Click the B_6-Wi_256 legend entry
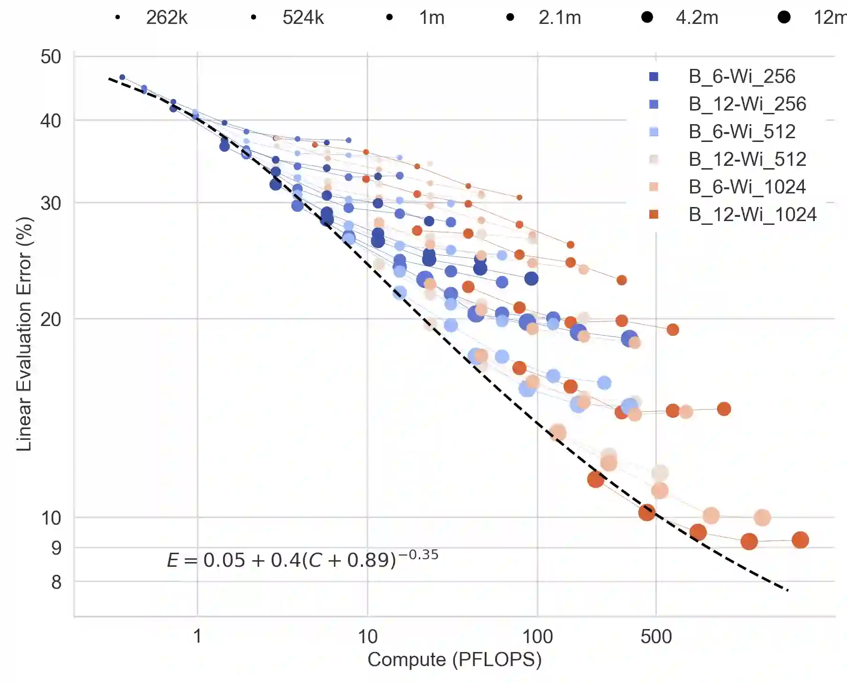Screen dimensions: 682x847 (742, 76)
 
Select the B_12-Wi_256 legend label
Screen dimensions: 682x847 (747, 104)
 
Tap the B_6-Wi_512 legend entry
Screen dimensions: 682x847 (742, 132)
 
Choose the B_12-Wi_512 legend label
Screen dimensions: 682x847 (747, 159)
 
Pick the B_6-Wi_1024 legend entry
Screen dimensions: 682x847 (747, 187)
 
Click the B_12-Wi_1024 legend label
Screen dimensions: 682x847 (752, 215)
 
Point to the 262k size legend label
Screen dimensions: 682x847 (166, 18)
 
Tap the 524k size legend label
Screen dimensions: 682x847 (303, 18)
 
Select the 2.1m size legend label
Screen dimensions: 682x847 (559, 18)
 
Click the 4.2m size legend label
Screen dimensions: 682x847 (697, 18)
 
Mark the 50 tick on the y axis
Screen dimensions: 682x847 (51, 57)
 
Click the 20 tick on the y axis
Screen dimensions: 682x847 (51, 319)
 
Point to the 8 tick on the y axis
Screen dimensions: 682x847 (56, 582)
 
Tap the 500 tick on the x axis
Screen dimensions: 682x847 (656, 637)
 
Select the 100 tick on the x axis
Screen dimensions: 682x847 (537, 637)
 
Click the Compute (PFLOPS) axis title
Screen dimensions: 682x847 (454, 660)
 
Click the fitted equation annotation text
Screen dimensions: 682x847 (302, 559)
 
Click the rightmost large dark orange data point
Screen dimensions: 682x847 (800, 540)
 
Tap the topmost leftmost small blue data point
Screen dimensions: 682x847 (122, 77)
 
